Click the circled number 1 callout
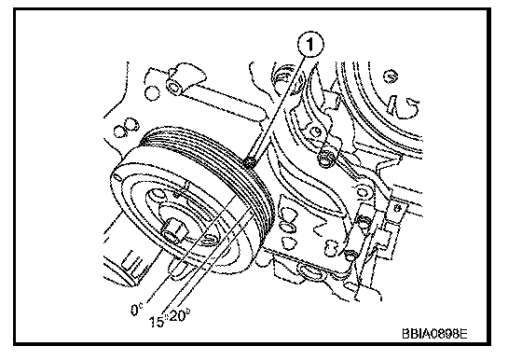(x=310, y=45)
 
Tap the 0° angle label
(x=136, y=310)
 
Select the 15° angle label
(x=157, y=321)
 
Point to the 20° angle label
(x=180, y=315)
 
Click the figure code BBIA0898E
(x=434, y=333)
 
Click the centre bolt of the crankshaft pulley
(x=172, y=231)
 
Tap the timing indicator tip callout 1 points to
(x=250, y=162)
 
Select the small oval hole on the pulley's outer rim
(x=117, y=176)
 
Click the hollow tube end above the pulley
(x=174, y=88)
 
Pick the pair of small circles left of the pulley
(x=127, y=127)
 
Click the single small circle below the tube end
(x=152, y=93)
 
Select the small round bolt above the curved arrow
(x=391, y=76)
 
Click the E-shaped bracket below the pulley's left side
(x=133, y=263)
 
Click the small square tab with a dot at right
(x=397, y=209)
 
